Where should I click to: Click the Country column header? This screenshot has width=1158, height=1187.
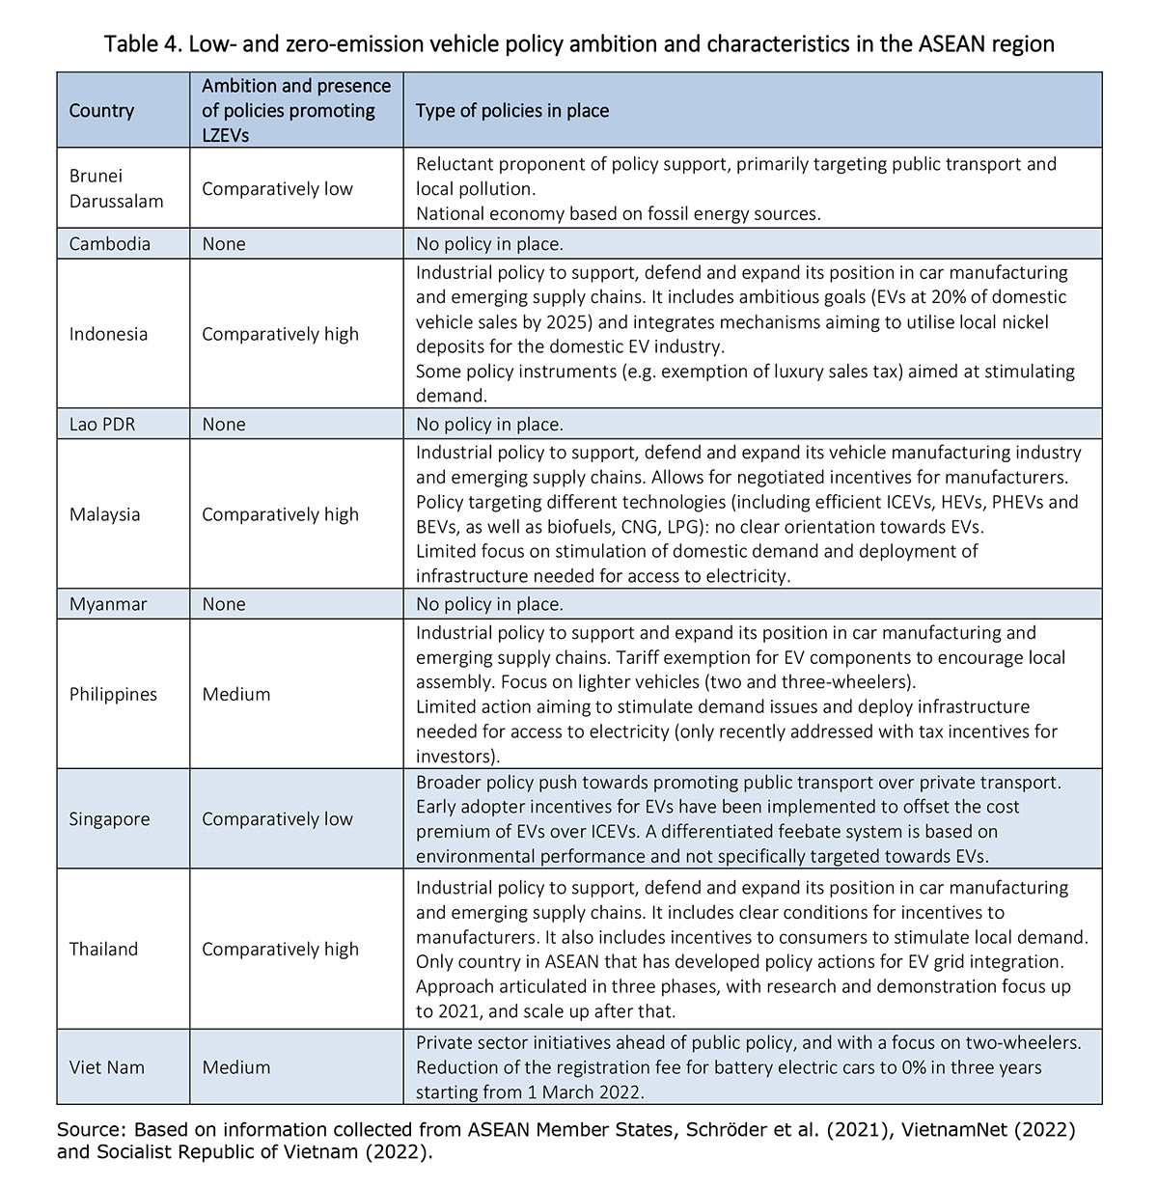pyautogui.click(x=101, y=111)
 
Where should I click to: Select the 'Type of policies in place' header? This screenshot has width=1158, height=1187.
pyautogui.click(x=512, y=111)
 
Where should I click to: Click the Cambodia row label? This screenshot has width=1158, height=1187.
pyautogui.click(x=110, y=243)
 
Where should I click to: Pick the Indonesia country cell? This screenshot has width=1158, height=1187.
pyautogui.click(x=108, y=334)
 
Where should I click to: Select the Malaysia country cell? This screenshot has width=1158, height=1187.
pyautogui.click(x=104, y=514)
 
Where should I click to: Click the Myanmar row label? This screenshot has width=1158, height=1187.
pyautogui.click(x=107, y=604)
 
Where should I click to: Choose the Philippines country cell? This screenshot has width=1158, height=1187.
pyautogui.click(x=113, y=694)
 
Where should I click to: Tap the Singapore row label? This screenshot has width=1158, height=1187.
pyautogui.click(x=109, y=819)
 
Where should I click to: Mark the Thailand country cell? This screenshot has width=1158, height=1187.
pyautogui.click(x=103, y=949)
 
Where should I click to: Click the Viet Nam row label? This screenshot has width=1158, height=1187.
pyautogui.click(x=105, y=1067)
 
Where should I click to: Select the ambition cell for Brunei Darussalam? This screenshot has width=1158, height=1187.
pyautogui.click(x=278, y=188)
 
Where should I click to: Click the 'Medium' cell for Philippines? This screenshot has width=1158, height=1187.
pyautogui.click(x=236, y=694)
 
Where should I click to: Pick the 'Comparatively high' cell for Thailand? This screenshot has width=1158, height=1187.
pyautogui.click(x=280, y=949)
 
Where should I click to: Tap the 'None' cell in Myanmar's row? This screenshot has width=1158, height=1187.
pyautogui.click(x=224, y=604)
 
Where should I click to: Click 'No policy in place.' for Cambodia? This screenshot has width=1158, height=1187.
pyautogui.click(x=489, y=243)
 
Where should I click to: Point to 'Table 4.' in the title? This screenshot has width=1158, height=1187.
pyautogui.click(x=142, y=44)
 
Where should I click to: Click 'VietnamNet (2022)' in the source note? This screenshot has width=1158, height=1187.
pyautogui.click(x=985, y=1129)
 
